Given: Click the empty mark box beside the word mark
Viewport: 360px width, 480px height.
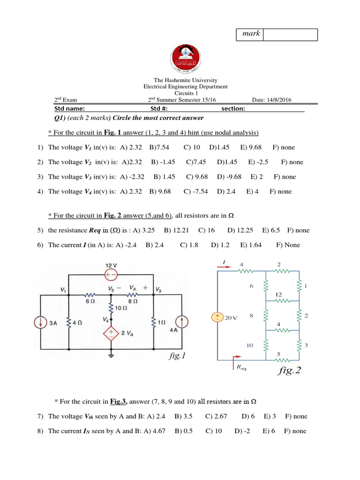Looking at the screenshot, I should [290, 35].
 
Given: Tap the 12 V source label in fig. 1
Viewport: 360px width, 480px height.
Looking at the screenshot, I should [112, 265].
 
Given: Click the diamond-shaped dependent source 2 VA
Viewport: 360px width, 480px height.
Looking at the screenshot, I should [112, 333].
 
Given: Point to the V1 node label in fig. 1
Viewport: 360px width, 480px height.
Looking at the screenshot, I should [63, 290].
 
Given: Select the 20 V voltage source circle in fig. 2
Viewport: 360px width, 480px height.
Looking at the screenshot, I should [217, 317].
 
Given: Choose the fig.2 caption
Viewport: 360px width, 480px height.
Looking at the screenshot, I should [289, 371].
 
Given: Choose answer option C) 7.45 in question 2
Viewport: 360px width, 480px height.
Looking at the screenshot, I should [196, 162].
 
